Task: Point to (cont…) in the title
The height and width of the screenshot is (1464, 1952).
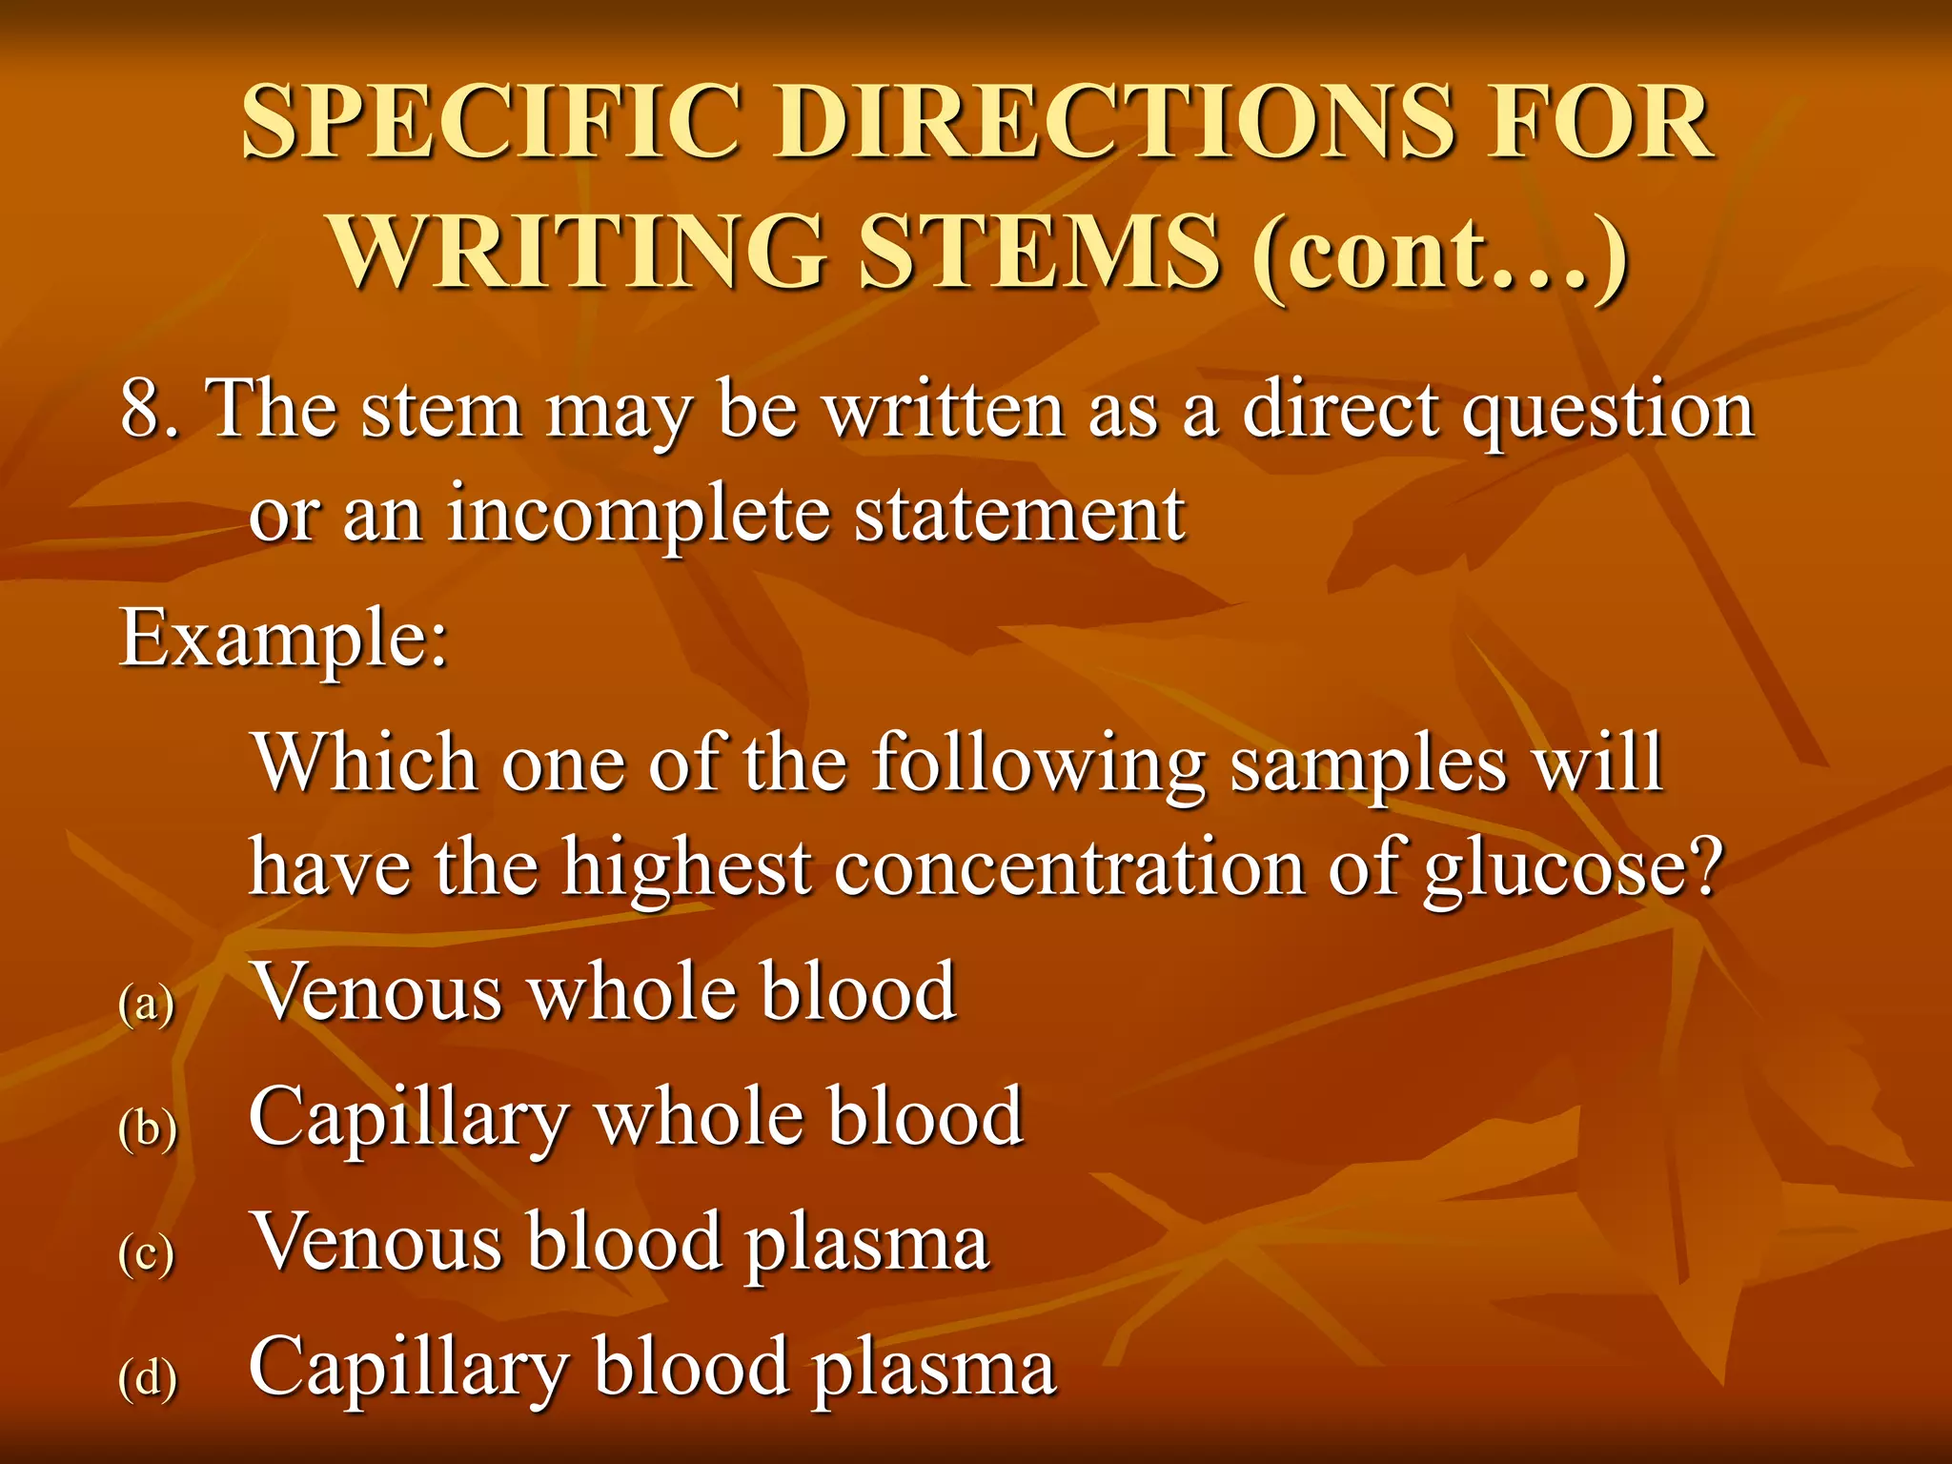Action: [1438, 253]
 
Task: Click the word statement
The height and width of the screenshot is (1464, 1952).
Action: [1019, 515]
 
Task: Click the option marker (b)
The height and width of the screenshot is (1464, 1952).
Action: [148, 1129]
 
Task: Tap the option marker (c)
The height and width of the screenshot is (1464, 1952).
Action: [147, 1253]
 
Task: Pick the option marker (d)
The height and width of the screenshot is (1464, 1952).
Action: [148, 1378]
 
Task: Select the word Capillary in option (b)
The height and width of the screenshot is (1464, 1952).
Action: [409, 1121]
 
